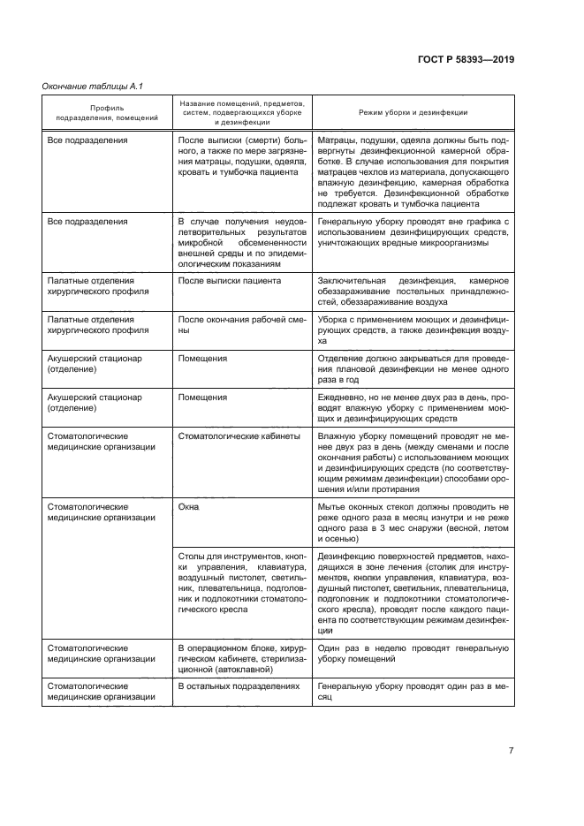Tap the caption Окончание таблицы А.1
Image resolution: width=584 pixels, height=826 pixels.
click(x=93, y=86)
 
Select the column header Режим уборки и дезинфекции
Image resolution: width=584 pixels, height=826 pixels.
click(x=413, y=113)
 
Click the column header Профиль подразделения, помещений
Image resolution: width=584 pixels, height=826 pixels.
click(x=107, y=113)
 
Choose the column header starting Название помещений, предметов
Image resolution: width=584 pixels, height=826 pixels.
click(x=242, y=113)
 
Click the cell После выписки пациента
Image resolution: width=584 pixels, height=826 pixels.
click(x=230, y=280)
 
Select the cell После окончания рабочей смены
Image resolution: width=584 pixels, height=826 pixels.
click(x=241, y=324)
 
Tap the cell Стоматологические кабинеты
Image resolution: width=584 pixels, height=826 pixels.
click(x=239, y=436)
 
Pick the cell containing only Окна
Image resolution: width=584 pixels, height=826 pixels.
click(x=189, y=508)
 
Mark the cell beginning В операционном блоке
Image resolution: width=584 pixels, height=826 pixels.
click(x=241, y=659)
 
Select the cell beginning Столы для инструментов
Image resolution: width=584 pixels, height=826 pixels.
click(x=241, y=585)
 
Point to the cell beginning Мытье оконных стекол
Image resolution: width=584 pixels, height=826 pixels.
click(x=413, y=520)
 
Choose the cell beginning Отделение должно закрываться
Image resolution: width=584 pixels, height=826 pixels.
click(x=413, y=369)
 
